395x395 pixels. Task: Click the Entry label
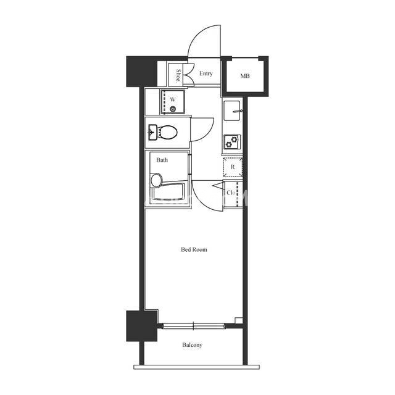(x=206, y=73)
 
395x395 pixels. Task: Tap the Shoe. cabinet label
(x=178, y=75)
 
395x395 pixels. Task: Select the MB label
(x=244, y=75)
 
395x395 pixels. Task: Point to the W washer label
(x=173, y=99)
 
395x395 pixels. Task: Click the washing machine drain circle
(x=173, y=109)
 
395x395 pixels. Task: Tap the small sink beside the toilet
(x=153, y=131)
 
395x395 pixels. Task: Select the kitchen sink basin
(x=232, y=110)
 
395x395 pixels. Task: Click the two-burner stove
(x=232, y=142)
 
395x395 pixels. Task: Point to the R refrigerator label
(x=233, y=167)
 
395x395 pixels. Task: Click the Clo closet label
(x=231, y=193)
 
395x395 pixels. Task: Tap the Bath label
(x=162, y=160)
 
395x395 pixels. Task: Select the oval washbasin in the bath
(x=156, y=180)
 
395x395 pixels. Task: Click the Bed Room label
(x=194, y=249)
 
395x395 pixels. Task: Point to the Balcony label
(x=192, y=345)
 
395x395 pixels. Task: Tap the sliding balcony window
(x=193, y=326)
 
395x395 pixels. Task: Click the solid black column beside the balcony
(x=142, y=326)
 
